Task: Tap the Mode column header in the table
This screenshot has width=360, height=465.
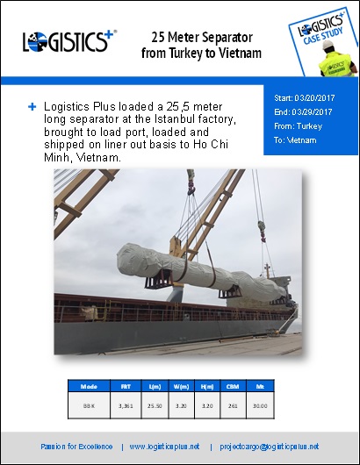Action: click(88, 385)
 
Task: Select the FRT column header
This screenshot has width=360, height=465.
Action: click(126, 385)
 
